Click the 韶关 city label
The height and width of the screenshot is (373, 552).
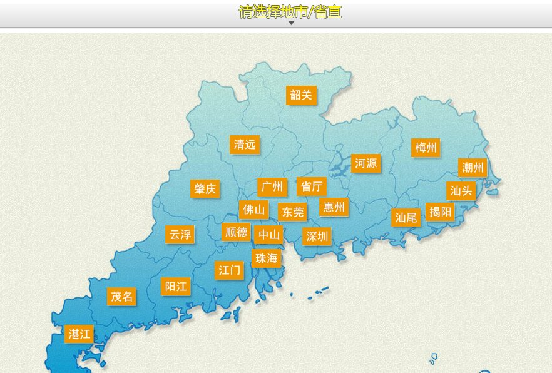coord(301,95)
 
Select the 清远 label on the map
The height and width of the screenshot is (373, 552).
coord(245,145)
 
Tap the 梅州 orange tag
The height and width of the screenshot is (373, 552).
coord(426,148)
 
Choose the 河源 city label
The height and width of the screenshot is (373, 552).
coord(365,164)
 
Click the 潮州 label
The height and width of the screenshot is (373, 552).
coord(473,168)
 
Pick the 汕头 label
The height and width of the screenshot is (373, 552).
coord(461,191)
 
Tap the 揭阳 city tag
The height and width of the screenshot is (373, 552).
coord(441,212)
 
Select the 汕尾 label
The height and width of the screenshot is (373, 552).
coord(406,218)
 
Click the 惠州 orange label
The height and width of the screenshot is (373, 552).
coord(334,207)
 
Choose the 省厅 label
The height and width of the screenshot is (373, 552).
coord(311,186)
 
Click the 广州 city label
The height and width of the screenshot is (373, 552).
coord(272,186)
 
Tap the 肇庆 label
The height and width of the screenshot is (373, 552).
coord(205,189)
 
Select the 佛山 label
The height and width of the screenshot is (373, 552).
coord(253,209)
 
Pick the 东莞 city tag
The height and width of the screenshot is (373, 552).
coord(292,212)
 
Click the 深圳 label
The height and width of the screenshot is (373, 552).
coord(317,237)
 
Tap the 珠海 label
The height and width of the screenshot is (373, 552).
coord(267,258)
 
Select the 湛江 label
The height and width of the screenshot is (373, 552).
coord(79,334)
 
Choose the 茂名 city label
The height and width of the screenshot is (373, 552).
coord(121,296)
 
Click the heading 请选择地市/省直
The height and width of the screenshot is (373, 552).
coord(290,11)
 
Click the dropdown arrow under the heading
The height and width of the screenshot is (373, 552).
coord(291,23)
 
